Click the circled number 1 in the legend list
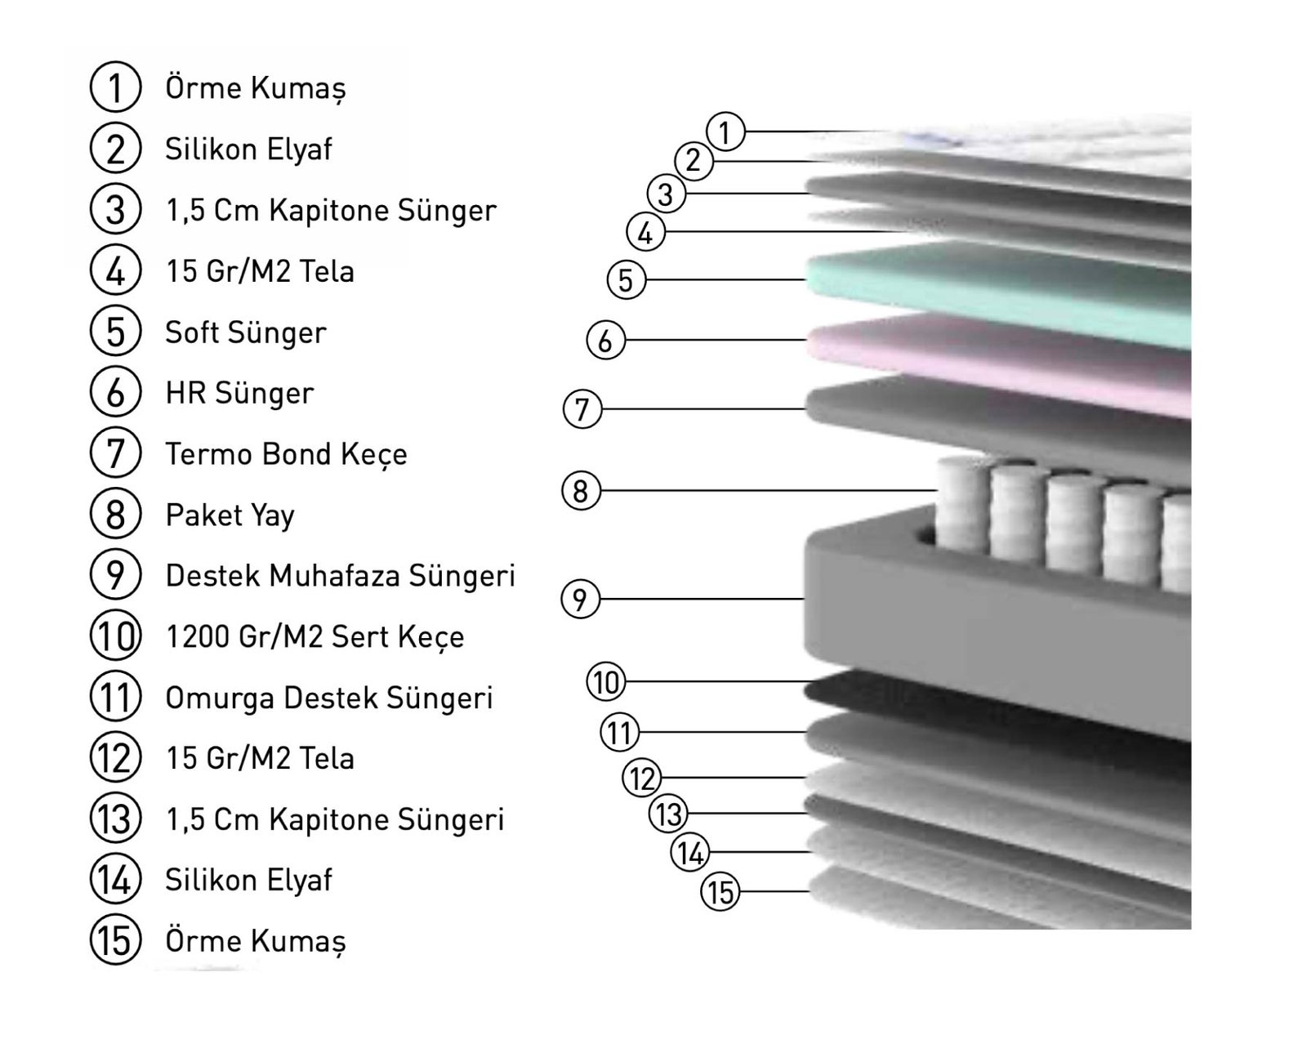[x=115, y=87]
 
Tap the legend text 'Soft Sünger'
[x=246, y=332]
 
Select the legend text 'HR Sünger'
[x=240, y=393]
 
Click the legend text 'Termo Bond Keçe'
[x=286, y=454]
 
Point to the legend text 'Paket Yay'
[x=230, y=515]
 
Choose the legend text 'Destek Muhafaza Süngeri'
[x=340, y=576]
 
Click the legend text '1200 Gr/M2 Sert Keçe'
[x=314, y=636]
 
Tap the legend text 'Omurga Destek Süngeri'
[x=328, y=698]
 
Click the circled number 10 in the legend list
[x=115, y=636]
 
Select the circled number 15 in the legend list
[x=115, y=940]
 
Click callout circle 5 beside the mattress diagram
[x=627, y=280]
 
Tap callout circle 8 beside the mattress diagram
[x=582, y=490]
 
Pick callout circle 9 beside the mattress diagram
[x=580, y=600]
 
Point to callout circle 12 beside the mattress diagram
[x=642, y=778]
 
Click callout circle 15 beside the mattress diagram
[x=720, y=892]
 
